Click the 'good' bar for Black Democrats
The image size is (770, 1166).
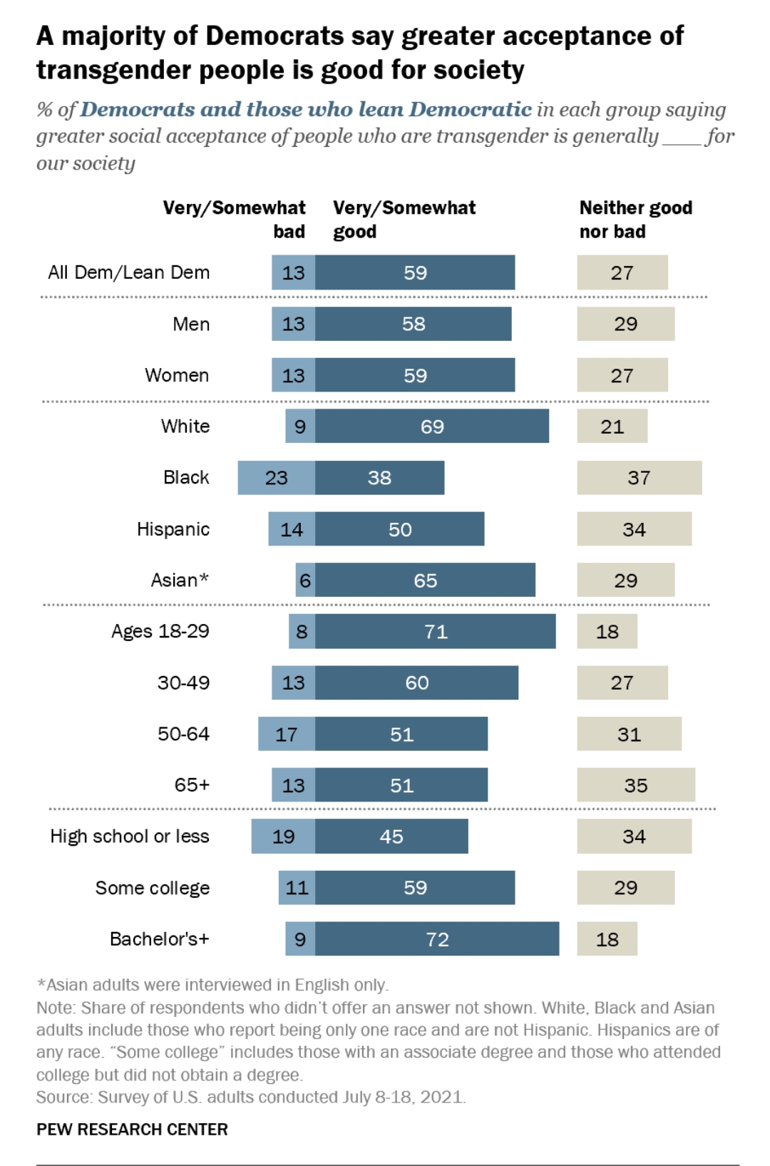click(x=379, y=478)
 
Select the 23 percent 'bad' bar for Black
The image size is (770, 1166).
click(x=277, y=478)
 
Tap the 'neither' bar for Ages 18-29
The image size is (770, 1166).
click(x=607, y=632)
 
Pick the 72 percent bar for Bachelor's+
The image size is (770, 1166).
click(x=437, y=939)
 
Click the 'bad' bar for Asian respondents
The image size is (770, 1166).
click(x=305, y=581)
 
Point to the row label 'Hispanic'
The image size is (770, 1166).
click(x=173, y=529)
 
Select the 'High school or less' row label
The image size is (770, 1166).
click(x=130, y=837)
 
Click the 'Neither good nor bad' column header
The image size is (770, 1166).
click(x=635, y=220)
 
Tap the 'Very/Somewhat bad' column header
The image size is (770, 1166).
click(x=234, y=220)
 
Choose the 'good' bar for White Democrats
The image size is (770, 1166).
click(x=432, y=426)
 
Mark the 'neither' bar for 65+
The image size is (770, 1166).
click(x=635, y=785)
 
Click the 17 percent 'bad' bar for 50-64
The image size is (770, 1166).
click(x=287, y=735)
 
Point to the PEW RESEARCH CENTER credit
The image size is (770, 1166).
click(x=132, y=1130)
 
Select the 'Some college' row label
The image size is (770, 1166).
click(x=153, y=888)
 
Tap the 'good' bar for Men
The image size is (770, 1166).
click(x=414, y=324)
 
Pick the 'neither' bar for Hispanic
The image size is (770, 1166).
click(x=634, y=529)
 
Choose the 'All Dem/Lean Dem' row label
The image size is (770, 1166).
click(x=129, y=272)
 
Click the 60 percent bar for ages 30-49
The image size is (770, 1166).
click(x=417, y=683)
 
